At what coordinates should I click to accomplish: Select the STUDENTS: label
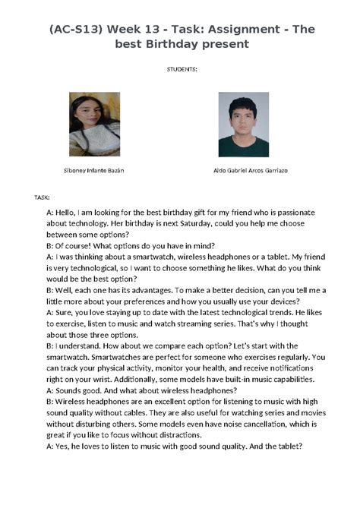182,69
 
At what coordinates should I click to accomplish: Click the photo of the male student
243,124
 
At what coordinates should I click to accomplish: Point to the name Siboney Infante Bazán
95,170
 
